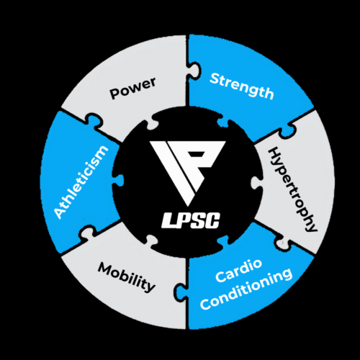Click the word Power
[x=132, y=88]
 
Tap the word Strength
[x=241, y=86]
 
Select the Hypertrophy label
[x=292, y=190]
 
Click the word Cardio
[x=238, y=270]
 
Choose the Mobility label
[x=126, y=277]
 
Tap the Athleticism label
[x=81, y=182]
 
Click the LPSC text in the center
[x=191, y=220]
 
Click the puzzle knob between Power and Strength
[x=194, y=70]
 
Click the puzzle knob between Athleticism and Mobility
[x=87, y=233]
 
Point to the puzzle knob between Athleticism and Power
[x=94, y=120]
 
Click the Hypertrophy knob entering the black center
[x=257, y=183]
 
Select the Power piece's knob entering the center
[x=153, y=122]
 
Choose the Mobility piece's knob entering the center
[x=152, y=241]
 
